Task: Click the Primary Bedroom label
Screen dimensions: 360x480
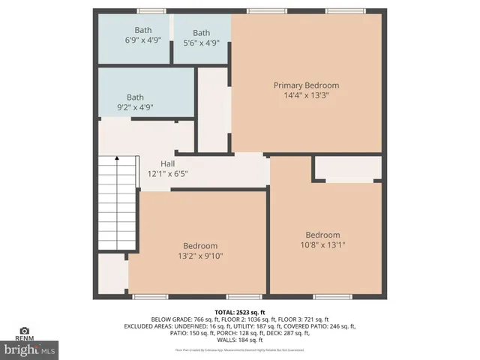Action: click(306, 85)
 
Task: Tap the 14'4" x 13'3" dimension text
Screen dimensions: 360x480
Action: click(306, 95)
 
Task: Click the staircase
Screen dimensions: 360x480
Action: click(118, 203)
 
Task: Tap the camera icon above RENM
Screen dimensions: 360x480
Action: click(24, 330)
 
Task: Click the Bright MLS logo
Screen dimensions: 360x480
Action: click(30, 349)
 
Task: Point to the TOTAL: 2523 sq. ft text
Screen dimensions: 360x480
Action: click(240, 311)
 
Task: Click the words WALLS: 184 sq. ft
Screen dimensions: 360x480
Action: click(240, 340)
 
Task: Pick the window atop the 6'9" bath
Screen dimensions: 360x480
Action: click(151, 10)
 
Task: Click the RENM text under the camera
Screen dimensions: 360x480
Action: click(24, 339)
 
